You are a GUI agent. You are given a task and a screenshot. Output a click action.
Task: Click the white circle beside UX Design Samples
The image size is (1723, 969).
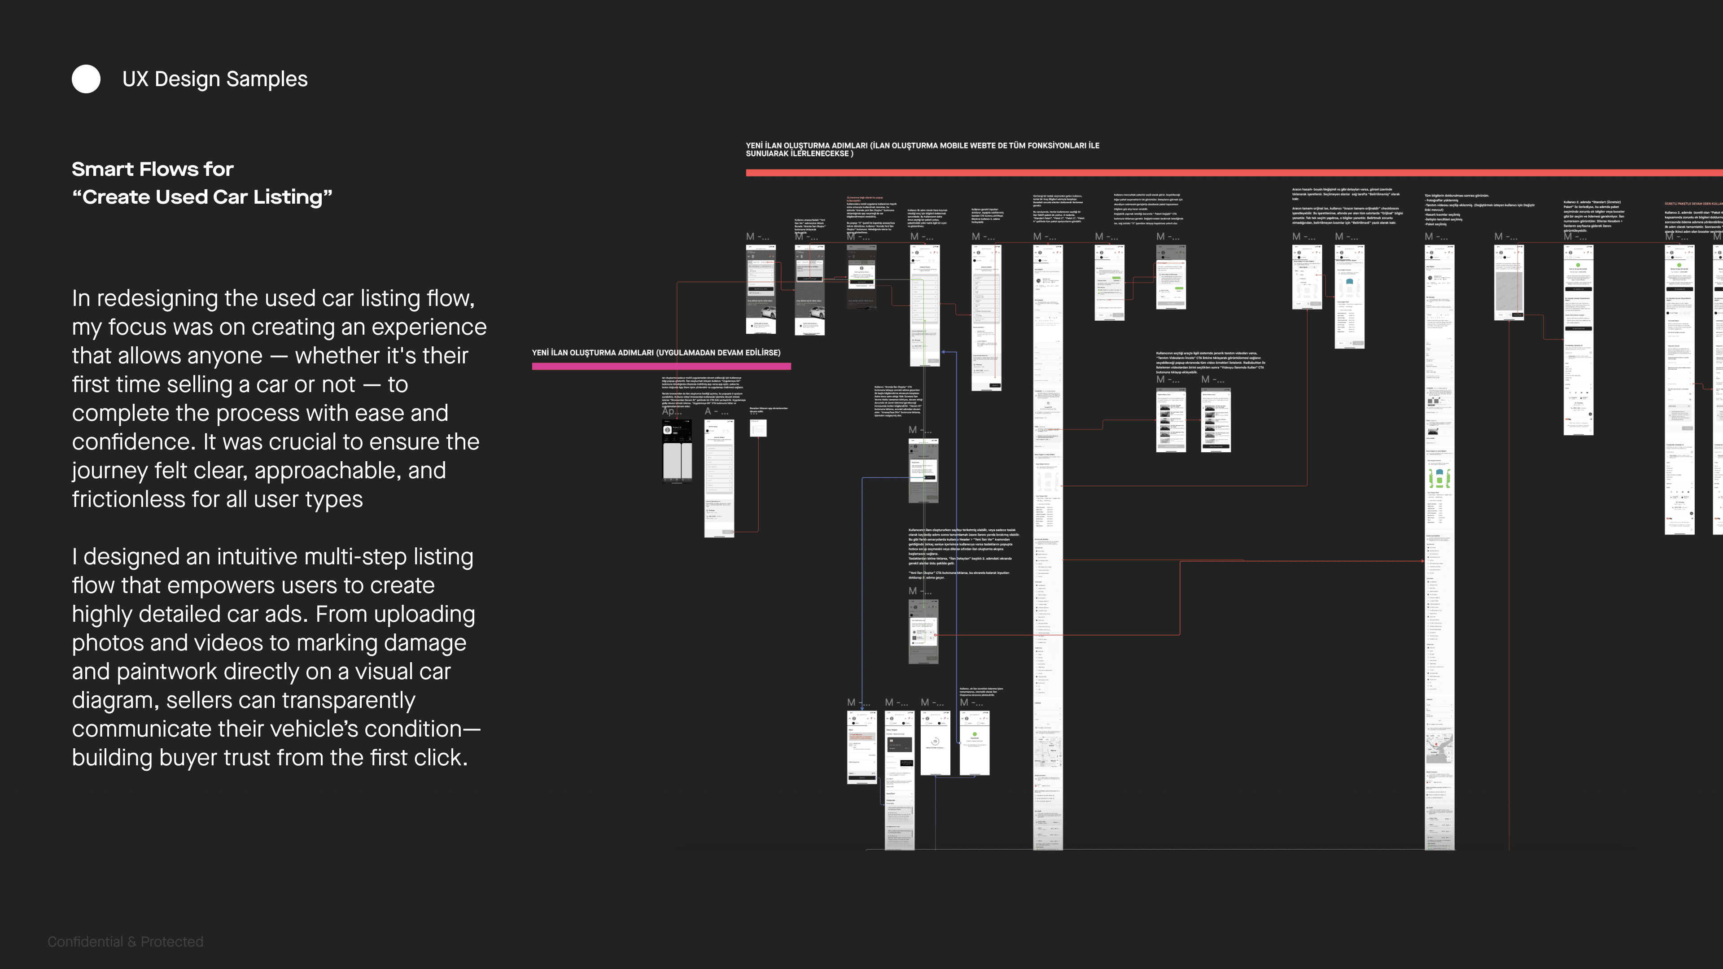86,79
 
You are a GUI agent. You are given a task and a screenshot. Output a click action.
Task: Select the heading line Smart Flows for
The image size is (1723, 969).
153,169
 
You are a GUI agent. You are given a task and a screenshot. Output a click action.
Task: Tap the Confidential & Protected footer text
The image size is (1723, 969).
125,942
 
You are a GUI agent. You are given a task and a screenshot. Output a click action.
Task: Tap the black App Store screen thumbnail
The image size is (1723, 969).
677,450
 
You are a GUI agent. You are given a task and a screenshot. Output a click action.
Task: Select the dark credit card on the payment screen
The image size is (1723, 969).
899,744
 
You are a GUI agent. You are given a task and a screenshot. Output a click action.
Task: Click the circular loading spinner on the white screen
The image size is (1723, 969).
935,741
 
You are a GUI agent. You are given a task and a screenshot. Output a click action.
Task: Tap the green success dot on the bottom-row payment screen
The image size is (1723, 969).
975,734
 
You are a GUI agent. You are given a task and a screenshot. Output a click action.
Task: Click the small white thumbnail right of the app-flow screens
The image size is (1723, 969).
758,428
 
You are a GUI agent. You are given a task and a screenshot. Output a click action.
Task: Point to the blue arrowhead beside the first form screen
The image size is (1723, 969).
943,352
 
